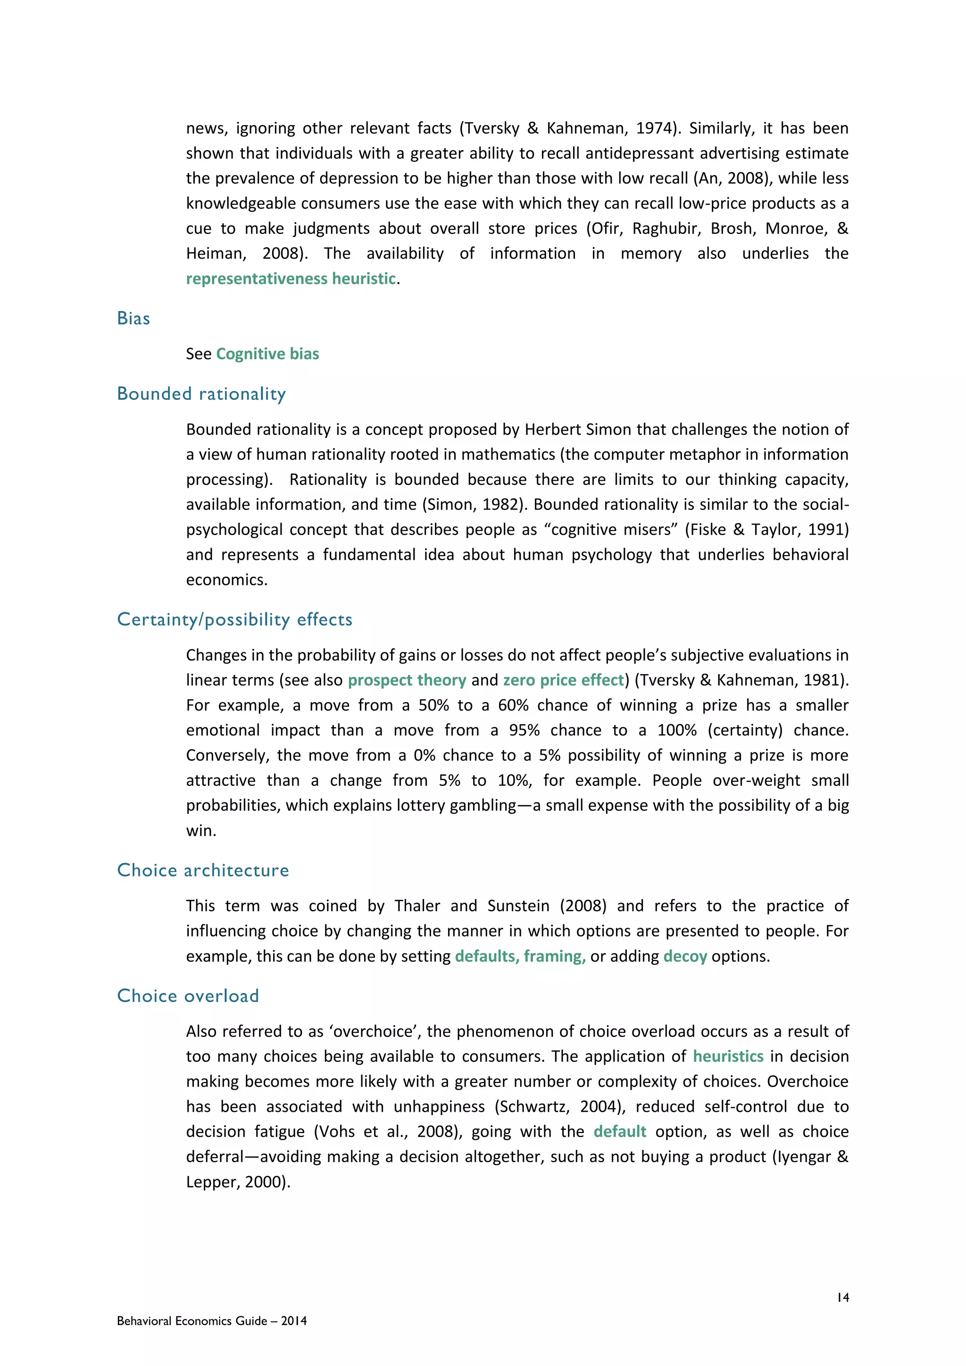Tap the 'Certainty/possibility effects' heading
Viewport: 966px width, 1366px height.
pos(234,619)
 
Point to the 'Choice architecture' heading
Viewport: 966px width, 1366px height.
pos(203,870)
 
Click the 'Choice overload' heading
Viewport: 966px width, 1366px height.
pos(188,996)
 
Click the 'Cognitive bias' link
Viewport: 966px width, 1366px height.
pos(267,354)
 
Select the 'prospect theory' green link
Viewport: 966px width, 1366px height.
pos(407,680)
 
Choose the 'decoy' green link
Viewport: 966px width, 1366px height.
pos(685,956)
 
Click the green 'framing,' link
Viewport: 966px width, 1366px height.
pos(554,956)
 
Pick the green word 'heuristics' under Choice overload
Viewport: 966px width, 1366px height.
pos(728,1056)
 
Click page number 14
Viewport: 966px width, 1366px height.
pos(842,1298)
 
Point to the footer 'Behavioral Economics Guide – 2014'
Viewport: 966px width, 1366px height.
pos(212,1321)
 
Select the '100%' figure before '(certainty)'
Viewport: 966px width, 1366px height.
pos(677,730)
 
